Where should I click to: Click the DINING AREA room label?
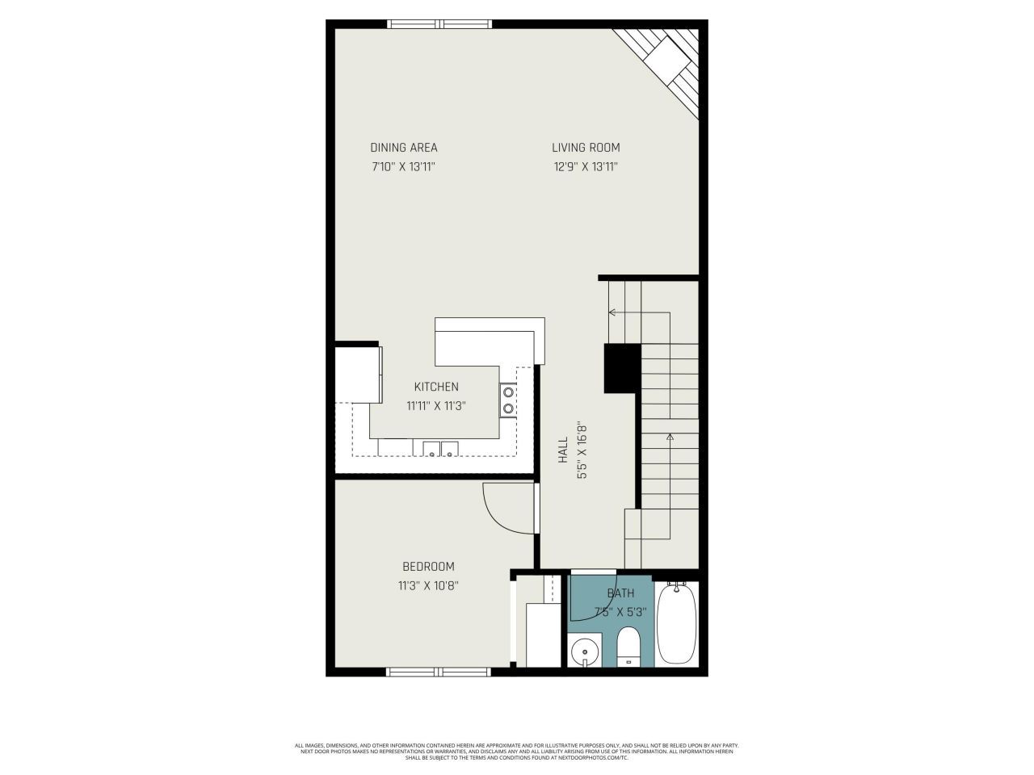click(404, 148)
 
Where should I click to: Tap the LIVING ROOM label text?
click(586, 148)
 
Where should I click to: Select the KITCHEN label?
click(436, 387)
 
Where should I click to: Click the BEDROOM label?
click(428, 567)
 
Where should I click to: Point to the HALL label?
click(563, 450)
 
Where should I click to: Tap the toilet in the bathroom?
click(628, 648)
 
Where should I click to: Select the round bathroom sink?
click(584, 651)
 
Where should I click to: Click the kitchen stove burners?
click(508, 400)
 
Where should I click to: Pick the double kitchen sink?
click(440, 449)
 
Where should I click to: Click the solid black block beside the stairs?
click(622, 368)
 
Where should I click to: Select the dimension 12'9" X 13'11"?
click(586, 167)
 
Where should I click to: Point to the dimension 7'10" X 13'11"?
click(404, 167)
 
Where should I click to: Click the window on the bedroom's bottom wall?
click(439, 672)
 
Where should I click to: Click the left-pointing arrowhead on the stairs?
click(612, 312)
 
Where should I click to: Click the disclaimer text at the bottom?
click(517, 752)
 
